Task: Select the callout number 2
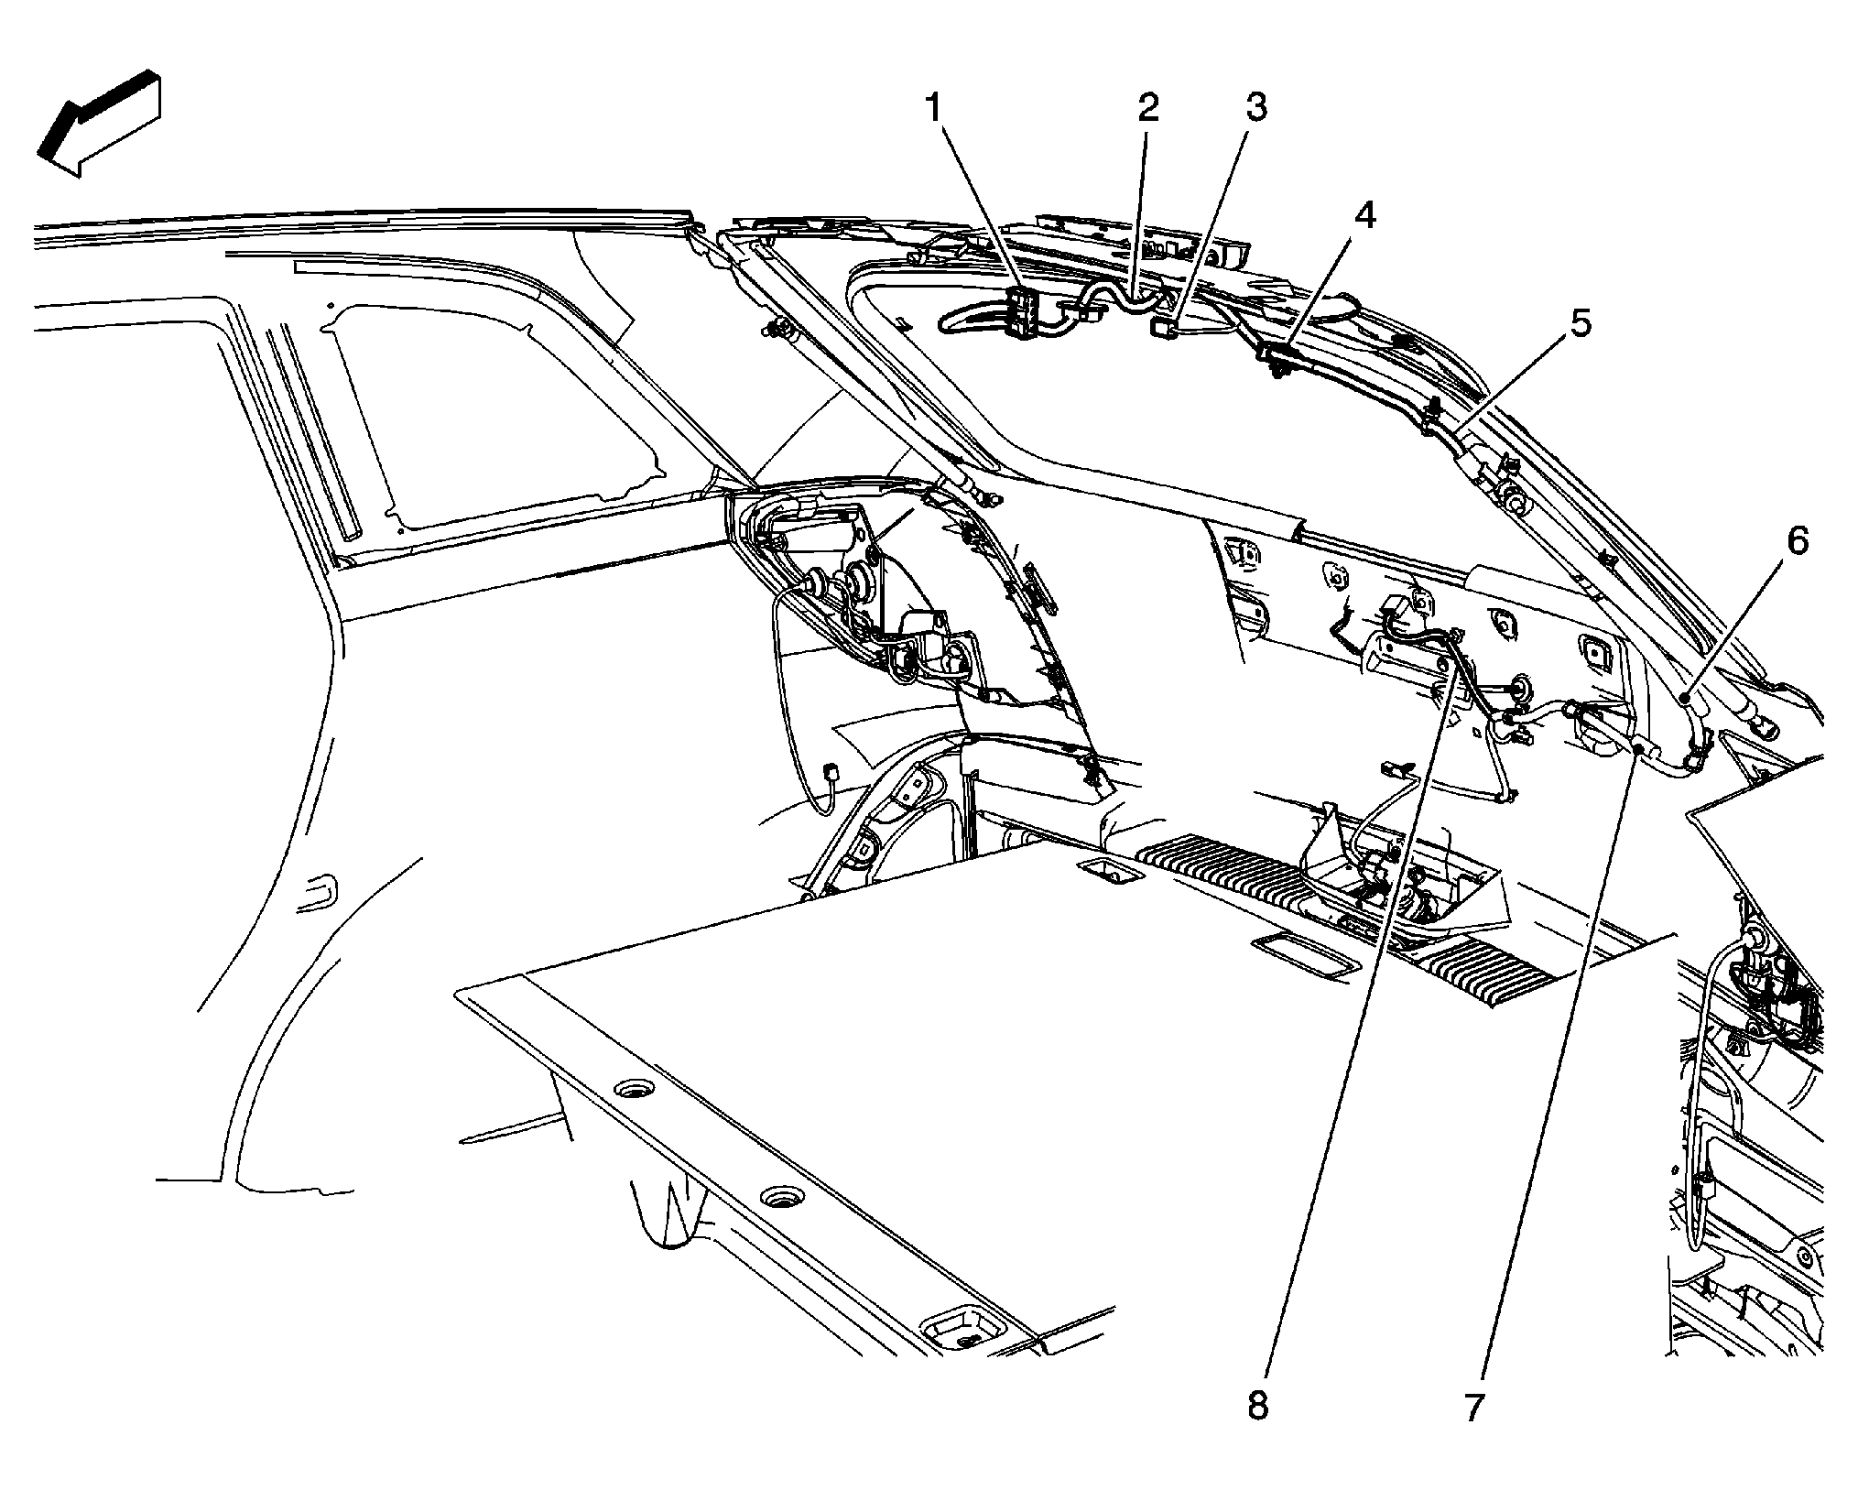pyautogui.click(x=1147, y=107)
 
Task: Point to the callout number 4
pyautogui.click(x=1364, y=215)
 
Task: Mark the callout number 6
pyautogui.click(x=1797, y=540)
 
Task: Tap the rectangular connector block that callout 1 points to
pyautogui.click(x=1022, y=312)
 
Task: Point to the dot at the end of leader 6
pyautogui.click(x=1685, y=699)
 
